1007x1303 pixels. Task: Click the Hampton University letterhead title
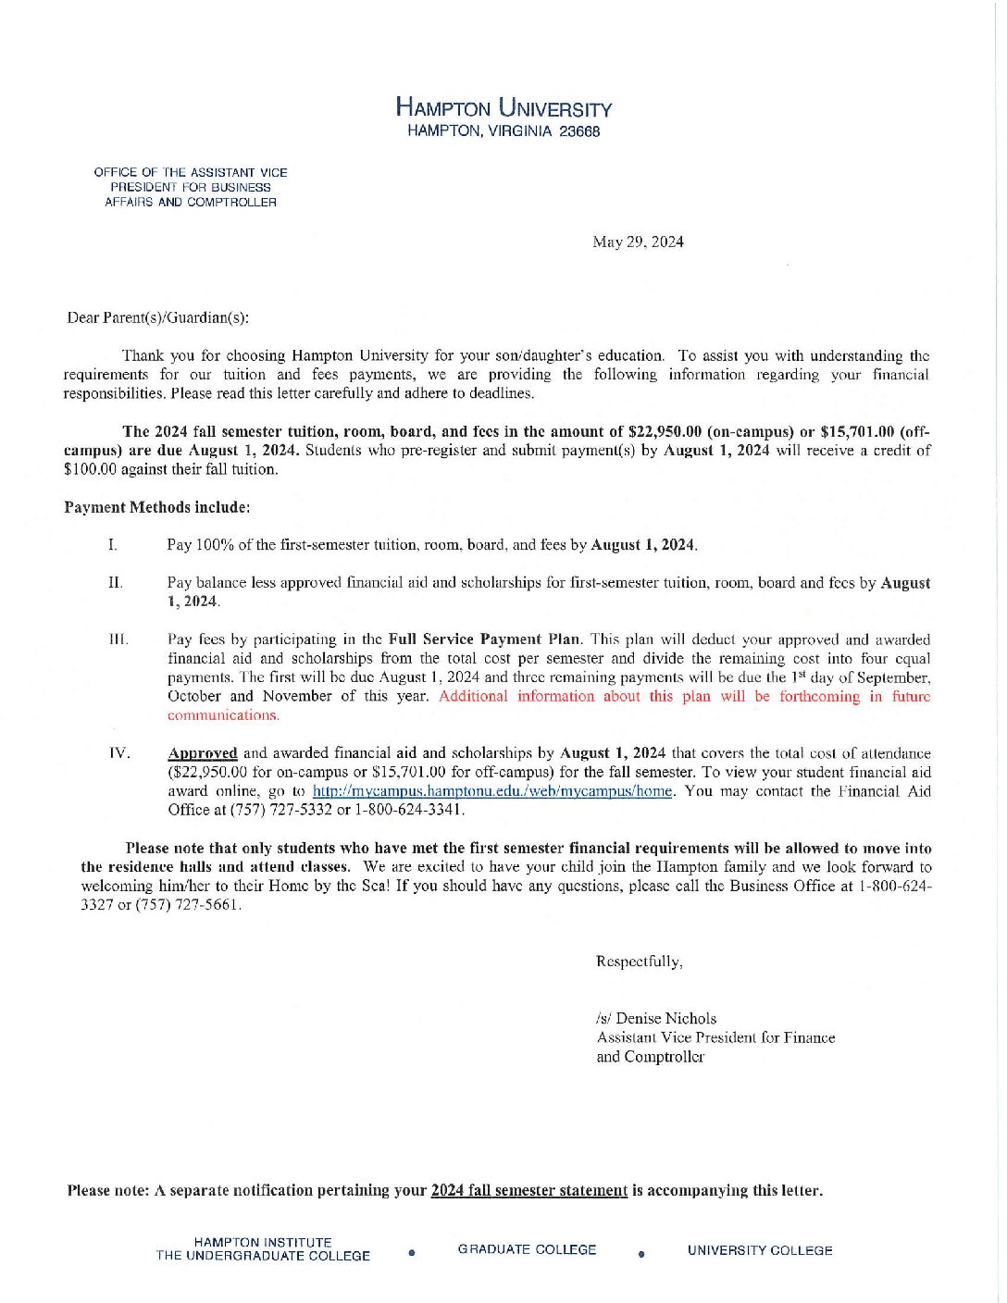pyautogui.click(x=503, y=107)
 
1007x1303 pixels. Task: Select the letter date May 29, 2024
pyautogui.click(x=638, y=242)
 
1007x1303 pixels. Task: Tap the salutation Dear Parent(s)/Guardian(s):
pyautogui.click(x=157, y=317)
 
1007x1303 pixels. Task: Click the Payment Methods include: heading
pyautogui.click(x=157, y=507)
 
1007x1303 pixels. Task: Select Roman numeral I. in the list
pyautogui.click(x=112, y=544)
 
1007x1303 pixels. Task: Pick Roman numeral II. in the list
pyautogui.click(x=115, y=582)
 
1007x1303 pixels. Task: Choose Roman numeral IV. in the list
pyautogui.click(x=119, y=752)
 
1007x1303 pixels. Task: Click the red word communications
pyautogui.click(x=223, y=715)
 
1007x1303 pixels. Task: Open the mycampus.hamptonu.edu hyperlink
pyautogui.click(x=492, y=791)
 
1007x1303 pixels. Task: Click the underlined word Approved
pyautogui.click(x=202, y=753)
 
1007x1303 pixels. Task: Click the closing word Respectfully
pyautogui.click(x=639, y=962)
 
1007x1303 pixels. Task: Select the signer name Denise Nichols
pyautogui.click(x=665, y=1018)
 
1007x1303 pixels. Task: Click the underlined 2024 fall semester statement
pyautogui.click(x=528, y=1190)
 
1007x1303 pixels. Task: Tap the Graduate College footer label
pyautogui.click(x=527, y=1249)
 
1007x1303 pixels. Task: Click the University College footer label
pyautogui.click(x=760, y=1250)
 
